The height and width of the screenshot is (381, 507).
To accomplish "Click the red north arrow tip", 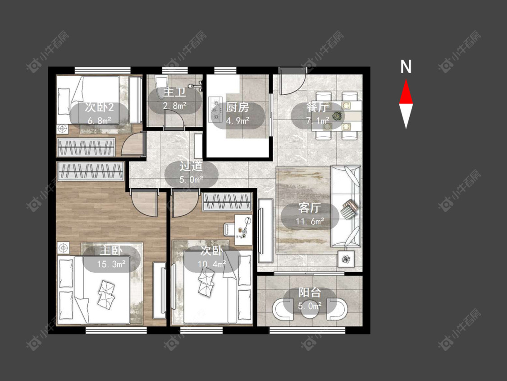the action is tap(406, 80).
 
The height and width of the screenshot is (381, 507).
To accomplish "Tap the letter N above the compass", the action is tap(406, 67).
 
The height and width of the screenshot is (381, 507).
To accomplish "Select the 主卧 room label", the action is tap(111, 250).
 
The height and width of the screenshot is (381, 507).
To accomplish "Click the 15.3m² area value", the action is tap(111, 264).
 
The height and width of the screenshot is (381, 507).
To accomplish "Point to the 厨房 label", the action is tap(238, 107).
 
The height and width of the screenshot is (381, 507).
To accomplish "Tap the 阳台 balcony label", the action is tap(310, 293).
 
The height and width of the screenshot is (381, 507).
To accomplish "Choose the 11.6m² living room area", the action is tap(310, 222).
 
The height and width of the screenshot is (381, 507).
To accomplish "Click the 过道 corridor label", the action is tap(191, 166).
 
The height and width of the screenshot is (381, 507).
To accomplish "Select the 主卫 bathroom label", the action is tap(174, 93).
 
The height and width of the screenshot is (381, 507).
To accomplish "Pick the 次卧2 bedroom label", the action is tap(99, 107).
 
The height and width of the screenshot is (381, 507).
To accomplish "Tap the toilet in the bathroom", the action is tap(161, 87).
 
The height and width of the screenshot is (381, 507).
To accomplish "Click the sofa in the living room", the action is tap(346, 207).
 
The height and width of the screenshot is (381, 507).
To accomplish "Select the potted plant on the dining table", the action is tap(337, 115).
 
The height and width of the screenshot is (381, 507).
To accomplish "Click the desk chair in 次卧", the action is tap(230, 229).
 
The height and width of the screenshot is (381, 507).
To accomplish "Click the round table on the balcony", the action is tap(310, 309).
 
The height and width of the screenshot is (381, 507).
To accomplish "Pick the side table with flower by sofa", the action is tap(346, 259).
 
